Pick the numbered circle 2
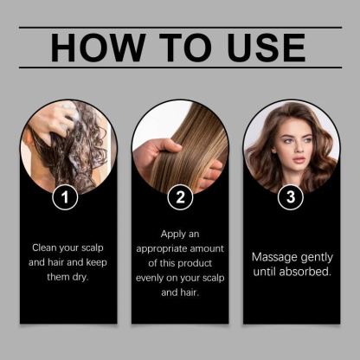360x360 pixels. tap(180, 197)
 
